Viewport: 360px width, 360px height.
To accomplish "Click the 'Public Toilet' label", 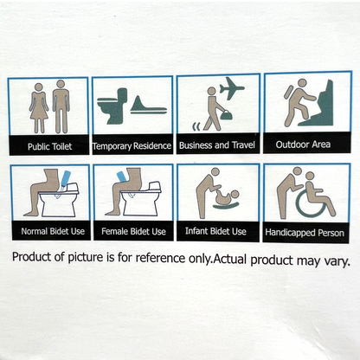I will click(48, 146).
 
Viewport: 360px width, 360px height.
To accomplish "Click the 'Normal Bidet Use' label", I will click(48, 231).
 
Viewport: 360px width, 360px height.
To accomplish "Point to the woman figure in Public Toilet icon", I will click(38, 107).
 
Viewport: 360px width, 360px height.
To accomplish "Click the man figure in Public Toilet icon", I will click(61, 107).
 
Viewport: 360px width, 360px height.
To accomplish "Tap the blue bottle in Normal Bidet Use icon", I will click(65, 180).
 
